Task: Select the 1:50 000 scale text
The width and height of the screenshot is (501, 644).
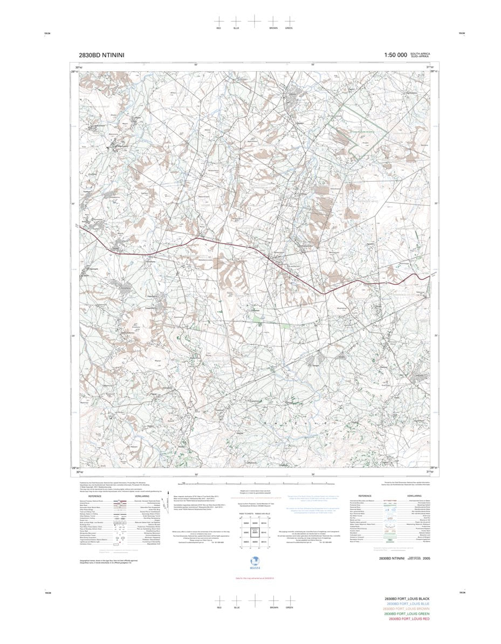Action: tap(395, 55)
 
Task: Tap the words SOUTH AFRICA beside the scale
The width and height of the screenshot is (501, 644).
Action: tap(420, 53)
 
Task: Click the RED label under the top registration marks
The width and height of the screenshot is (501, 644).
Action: tap(218, 28)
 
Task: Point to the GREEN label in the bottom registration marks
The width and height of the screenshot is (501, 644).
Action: tap(289, 608)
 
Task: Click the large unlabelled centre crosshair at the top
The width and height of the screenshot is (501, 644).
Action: tap(254, 20)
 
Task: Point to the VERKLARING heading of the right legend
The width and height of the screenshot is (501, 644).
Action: tap(414, 496)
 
